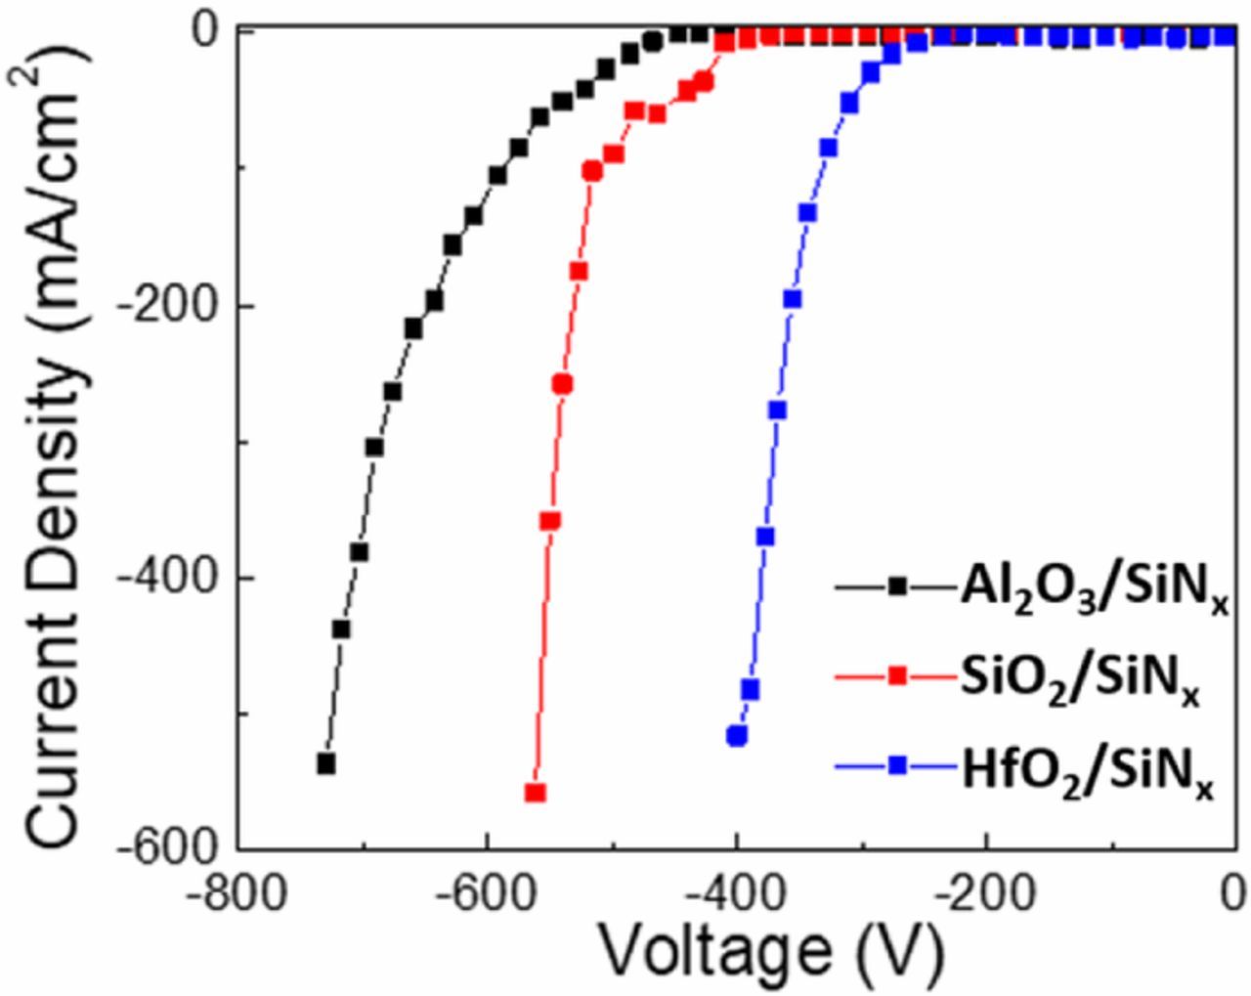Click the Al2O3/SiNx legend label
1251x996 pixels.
[x=1093, y=590]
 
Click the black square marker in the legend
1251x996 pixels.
[x=897, y=587]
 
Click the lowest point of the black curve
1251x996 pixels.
[x=326, y=763]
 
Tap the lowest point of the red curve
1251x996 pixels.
[x=535, y=793]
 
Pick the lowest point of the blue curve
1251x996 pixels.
[x=737, y=735]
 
